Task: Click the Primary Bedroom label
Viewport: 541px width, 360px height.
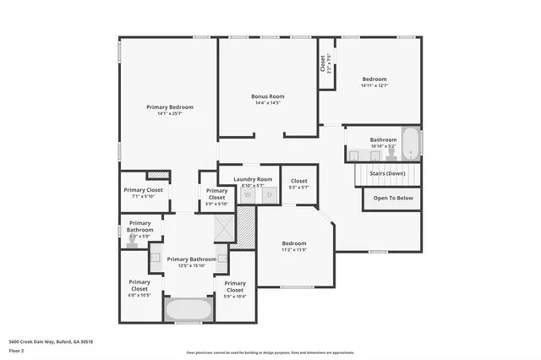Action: point(169,107)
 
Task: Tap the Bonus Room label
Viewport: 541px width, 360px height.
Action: point(267,96)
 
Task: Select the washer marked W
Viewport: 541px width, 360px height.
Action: point(249,195)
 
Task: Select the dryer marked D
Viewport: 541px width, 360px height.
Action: point(270,195)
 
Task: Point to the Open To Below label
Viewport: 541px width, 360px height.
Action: point(393,198)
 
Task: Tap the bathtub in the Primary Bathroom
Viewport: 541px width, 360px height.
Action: point(187,309)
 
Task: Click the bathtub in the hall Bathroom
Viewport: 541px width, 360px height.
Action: point(410,144)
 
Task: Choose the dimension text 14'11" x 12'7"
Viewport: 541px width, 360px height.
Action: point(374,85)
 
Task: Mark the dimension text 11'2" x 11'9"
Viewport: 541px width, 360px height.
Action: point(293,249)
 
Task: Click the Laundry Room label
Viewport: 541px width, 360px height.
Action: point(253,179)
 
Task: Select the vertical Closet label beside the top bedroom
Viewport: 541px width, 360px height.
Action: point(322,63)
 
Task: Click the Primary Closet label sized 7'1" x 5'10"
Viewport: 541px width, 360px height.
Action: point(144,190)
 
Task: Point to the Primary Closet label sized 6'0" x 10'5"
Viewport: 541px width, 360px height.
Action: point(139,285)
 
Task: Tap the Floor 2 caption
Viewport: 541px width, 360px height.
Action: point(16,349)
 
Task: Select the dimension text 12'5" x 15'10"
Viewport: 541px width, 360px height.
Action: point(191,265)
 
